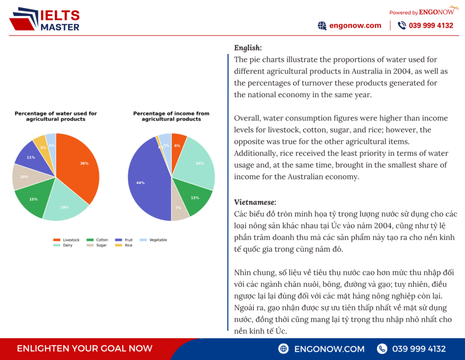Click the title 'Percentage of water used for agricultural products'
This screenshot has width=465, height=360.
[56, 116]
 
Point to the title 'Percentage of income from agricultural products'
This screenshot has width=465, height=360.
[171, 116]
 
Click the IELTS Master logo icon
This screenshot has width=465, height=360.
[24, 19]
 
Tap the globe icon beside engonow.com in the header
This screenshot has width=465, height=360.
[322, 25]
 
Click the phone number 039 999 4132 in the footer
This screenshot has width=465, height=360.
[419, 349]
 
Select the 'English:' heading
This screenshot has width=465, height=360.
[248, 48]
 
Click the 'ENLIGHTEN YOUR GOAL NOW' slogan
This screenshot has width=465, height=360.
[84, 349]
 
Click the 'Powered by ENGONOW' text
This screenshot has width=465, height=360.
[421, 12]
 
